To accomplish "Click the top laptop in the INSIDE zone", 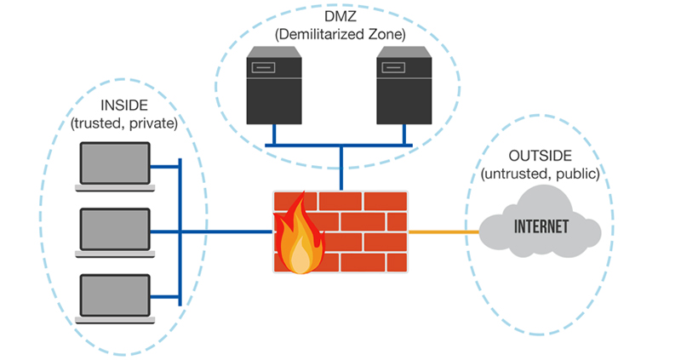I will tap(112, 165).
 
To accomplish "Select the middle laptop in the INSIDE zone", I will tap(112, 231).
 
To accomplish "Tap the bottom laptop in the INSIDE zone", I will tap(112, 297).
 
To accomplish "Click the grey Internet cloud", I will tap(540, 228).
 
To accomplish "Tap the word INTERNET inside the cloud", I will tap(541, 228).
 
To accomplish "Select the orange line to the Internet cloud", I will tap(444, 231).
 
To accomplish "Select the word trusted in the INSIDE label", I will tap(100, 124).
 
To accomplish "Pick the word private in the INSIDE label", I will tap(153, 124).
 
